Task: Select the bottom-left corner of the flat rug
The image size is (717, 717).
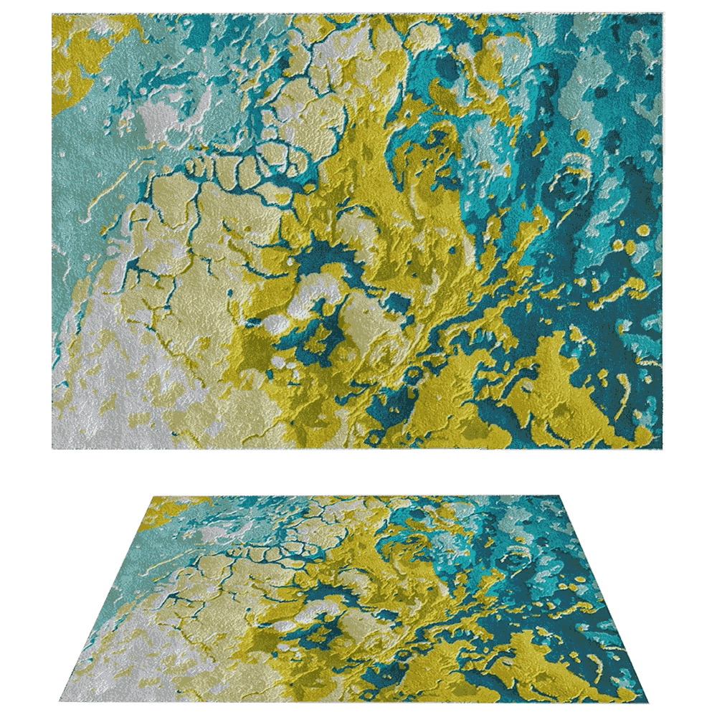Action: [53, 451]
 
